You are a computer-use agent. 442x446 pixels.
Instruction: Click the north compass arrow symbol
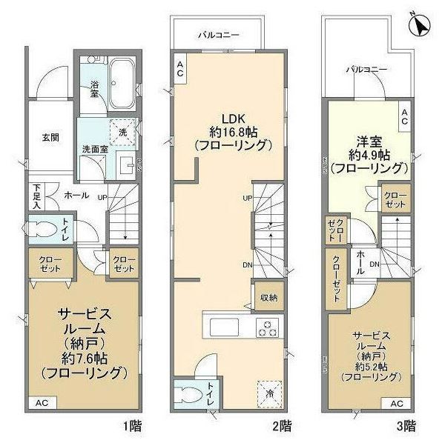click(420, 23)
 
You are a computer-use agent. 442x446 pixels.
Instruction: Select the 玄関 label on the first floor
click(50, 138)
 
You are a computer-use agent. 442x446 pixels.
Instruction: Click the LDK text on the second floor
click(230, 117)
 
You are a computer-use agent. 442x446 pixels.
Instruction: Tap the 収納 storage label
click(268, 298)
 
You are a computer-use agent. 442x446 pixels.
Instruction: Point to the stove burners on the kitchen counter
click(267, 327)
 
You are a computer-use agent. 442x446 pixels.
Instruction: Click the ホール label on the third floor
click(359, 261)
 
